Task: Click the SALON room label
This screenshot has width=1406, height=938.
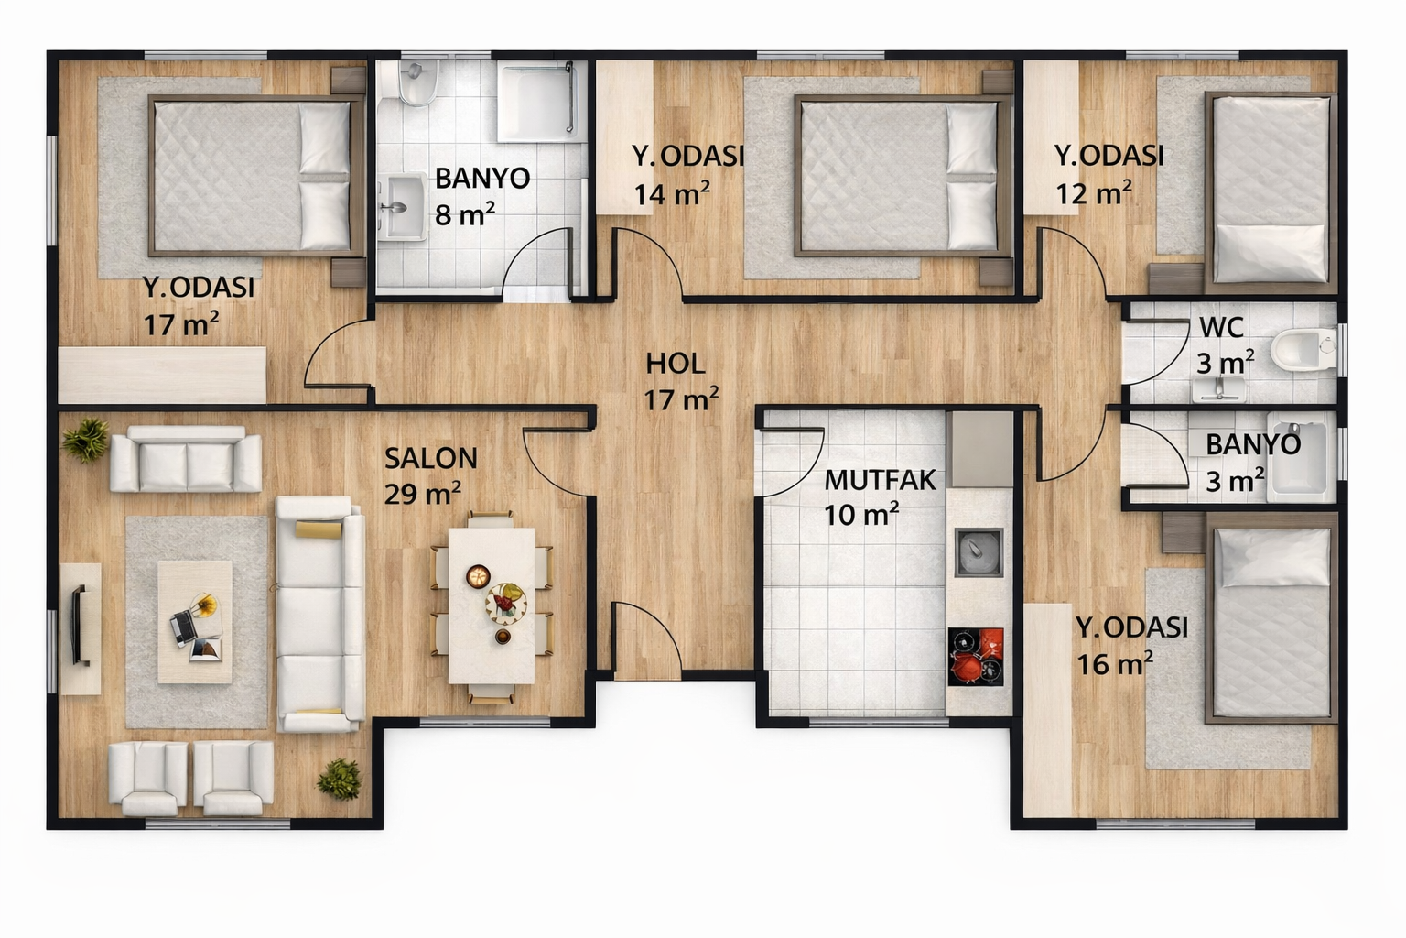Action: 430,458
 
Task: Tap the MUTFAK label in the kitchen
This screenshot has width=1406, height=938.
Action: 880,480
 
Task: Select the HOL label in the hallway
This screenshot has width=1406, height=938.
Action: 676,365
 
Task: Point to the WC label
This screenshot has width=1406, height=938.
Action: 1221,327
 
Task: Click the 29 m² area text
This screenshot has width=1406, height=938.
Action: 422,494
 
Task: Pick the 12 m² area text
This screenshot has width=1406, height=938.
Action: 1094,193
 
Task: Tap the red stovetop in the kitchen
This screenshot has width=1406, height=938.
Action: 976,657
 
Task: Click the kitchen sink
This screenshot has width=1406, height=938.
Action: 979,552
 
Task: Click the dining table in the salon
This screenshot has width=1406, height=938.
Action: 492,605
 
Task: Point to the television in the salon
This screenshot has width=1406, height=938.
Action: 79,625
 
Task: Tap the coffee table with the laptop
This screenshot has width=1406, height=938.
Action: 195,621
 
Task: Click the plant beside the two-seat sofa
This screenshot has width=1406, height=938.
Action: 86,439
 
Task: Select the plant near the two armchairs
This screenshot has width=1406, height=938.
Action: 340,779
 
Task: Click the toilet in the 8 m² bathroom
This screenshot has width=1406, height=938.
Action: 415,82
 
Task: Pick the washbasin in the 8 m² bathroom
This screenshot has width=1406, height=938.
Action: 402,207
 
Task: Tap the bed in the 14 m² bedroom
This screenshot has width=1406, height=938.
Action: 903,176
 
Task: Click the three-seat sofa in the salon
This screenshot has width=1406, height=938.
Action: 320,614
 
